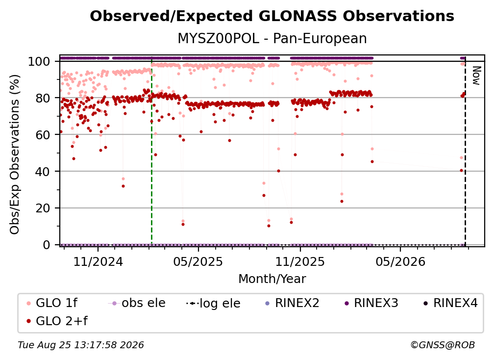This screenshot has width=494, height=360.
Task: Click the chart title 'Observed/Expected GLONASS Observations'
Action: (x=272, y=16)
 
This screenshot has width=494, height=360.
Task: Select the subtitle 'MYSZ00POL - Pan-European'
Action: (x=272, y=38)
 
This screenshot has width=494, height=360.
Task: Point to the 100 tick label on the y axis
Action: (x=39, y=61)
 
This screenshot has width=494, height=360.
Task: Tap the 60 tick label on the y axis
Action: (x=43, y=135)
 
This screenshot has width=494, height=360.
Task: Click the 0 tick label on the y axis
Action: (x=47, y=245)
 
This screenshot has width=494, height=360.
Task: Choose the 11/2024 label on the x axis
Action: (x=98, y=261)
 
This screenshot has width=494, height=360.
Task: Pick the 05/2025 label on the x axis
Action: (x=198, y=261)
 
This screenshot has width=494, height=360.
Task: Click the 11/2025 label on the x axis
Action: (x=300, y=261)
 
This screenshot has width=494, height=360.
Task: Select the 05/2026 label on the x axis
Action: (x=400, y=261)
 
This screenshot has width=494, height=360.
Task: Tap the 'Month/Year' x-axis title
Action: (x=272, y=279)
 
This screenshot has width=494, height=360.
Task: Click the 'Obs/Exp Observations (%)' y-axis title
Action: (x=15, y=154)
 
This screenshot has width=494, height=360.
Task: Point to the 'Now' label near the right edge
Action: (x=476, y=76)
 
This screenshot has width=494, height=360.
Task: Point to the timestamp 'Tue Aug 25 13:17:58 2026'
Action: (x=81, y=345)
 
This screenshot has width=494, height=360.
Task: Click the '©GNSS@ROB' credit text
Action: (x=443, y=345)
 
